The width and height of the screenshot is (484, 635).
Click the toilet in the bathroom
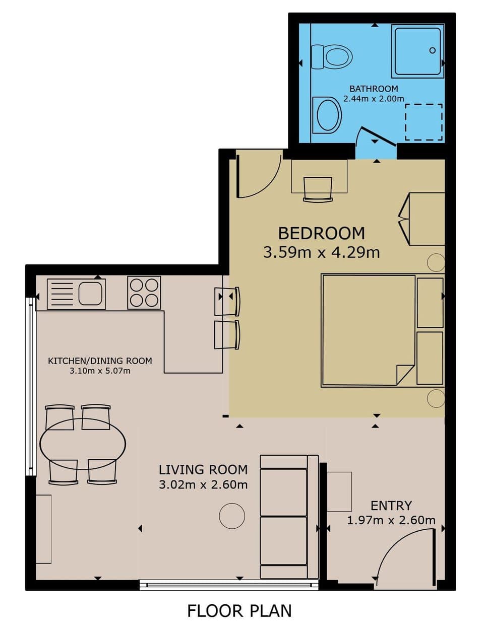(x=332, y=56)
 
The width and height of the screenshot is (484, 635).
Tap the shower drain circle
(x=432, y=50)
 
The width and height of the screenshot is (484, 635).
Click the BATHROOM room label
(x=374, y=89)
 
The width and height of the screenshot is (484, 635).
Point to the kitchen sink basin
(x=91, y=293)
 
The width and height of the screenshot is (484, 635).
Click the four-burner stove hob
(x=144, y=293)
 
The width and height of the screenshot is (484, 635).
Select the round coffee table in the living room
(x=232, y=516)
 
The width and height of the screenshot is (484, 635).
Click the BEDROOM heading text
(x=321, y=233)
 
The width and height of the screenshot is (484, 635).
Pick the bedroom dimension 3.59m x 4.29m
(x=321, y=252)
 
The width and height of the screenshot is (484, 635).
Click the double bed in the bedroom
(x=368, y=330)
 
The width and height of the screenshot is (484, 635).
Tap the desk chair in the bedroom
(x=318, y=189)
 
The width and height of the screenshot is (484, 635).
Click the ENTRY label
(x=391, y=505)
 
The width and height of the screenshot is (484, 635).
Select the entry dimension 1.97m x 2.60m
(x=391, y=520)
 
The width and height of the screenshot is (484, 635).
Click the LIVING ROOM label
(x=203, y=470)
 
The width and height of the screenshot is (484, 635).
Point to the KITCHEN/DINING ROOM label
(x=100, y=361)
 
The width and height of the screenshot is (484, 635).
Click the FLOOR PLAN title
(x=239, y=611)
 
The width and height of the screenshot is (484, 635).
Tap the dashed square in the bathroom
(x=423, y=122)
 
